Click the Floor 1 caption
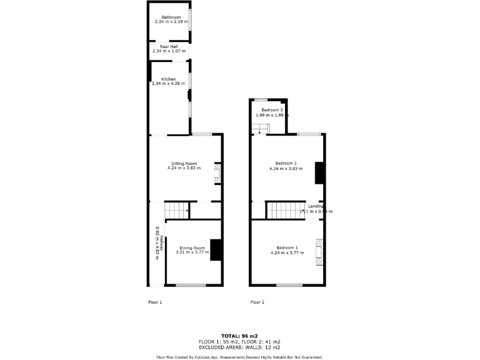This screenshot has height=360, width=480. point(154,302)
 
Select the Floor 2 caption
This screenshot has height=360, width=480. point(257,302)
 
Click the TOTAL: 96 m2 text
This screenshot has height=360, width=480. point(239,336)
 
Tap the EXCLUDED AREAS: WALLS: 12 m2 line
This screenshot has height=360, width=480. point(239,347)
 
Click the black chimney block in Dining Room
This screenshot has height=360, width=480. point(216,250)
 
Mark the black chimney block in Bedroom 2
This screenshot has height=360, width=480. point(319,172)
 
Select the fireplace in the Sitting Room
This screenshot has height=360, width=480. point(217,174)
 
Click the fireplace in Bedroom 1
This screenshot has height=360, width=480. point(320,252)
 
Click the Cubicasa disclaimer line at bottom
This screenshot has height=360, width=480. point(239,357)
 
